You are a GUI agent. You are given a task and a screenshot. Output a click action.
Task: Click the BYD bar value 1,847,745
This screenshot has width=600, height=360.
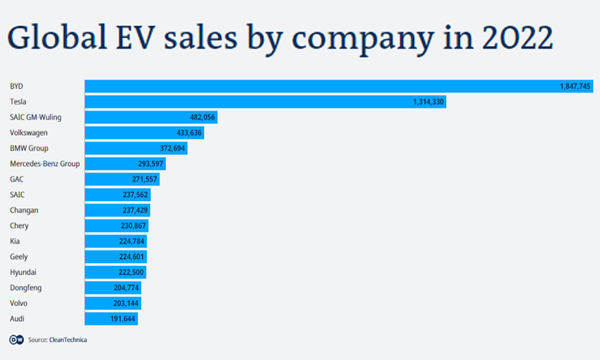[574, 86]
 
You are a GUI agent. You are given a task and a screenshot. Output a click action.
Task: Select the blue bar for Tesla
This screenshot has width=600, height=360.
[265, 102]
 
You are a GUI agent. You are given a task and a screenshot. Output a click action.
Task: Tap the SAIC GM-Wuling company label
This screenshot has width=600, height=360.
[37, 117]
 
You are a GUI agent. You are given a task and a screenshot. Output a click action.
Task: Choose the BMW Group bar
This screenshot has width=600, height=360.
[136, 148]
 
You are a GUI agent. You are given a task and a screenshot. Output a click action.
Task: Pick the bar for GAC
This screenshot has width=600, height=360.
[121, 179]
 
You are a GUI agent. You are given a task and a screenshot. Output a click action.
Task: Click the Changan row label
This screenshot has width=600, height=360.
[24, 210]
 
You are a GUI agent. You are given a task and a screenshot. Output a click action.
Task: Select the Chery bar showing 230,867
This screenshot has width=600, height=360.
[116, 226]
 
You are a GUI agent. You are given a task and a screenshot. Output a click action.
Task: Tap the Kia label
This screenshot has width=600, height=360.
[15, 241]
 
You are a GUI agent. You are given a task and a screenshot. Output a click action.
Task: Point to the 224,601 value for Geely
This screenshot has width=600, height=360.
[129, 257]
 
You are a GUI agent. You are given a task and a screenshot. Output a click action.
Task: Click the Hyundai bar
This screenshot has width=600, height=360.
[115, 272]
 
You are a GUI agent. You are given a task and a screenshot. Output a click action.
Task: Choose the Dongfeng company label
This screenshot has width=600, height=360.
[25, 288]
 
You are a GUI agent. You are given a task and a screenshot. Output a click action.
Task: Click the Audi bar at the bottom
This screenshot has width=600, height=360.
[111, 319]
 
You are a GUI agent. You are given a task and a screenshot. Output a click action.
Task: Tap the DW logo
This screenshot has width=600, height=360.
[16, 340]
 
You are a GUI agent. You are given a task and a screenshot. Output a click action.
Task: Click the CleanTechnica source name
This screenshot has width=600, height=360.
[68, 340]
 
